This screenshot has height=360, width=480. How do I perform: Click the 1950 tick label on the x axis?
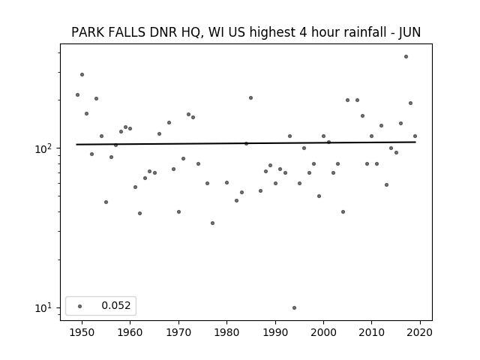82,332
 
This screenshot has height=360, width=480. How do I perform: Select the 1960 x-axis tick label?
130,332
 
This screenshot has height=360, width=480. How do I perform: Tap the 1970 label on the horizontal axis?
178,332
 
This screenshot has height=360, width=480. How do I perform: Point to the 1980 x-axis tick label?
226,332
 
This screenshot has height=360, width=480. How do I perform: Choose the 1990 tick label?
275,332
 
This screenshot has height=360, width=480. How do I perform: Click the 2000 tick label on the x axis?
323,332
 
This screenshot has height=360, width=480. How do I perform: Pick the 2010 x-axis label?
372,332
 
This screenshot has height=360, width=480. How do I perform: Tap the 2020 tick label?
420,332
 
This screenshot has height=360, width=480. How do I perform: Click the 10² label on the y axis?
44,148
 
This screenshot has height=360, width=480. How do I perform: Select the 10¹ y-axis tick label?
44,307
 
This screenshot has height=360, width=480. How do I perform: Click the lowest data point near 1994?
294,307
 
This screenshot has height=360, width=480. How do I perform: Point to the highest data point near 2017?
406,57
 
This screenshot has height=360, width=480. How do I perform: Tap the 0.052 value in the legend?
116,305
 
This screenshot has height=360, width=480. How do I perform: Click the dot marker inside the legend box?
80,306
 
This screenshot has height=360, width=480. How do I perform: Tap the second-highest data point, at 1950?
82,75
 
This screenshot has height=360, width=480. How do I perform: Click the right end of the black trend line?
415,142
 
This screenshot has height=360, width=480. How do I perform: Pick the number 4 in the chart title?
303,32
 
